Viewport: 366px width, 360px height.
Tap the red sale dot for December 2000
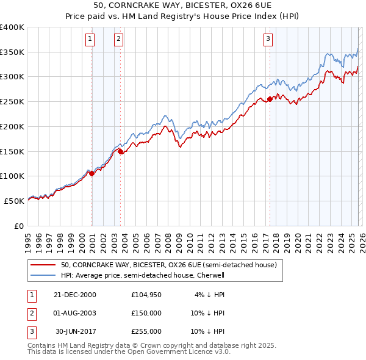point(92,173)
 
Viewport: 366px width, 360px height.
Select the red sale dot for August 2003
point(120,151)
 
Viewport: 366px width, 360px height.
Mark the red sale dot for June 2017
point(270,99)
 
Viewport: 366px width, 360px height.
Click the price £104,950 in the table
point(146,295)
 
